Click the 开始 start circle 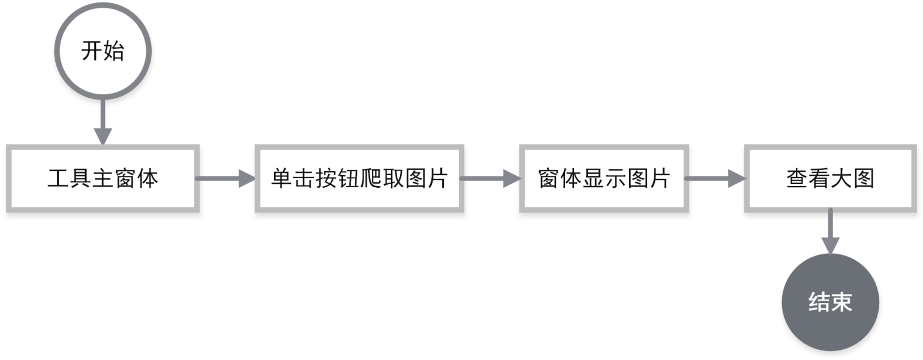point(103,51)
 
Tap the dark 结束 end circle point(830,302)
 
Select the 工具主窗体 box point(103,178)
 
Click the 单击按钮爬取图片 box point(359,178)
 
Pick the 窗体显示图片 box point(603,178)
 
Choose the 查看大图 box point(830,178)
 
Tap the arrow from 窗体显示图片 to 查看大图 point(714,178)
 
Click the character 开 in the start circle point(92,52)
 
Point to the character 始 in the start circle point(114,52)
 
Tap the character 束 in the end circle point(841,302)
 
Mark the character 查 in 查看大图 point(797,179)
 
